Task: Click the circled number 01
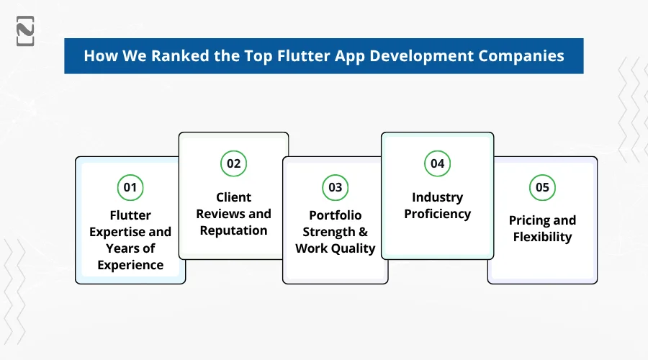point(130,188)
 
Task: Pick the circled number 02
point(233,163)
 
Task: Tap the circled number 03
point(335,188)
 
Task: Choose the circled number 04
point(437,163)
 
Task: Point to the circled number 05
point(542,188)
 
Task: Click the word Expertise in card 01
point(130,231)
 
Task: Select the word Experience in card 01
point(130,265)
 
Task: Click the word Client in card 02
point(233,197)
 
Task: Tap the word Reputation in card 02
point(233,230)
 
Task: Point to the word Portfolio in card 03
point(335,215)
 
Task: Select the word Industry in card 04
point(437,197)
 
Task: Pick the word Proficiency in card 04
point(437,214)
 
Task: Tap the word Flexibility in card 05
point(542,237)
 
